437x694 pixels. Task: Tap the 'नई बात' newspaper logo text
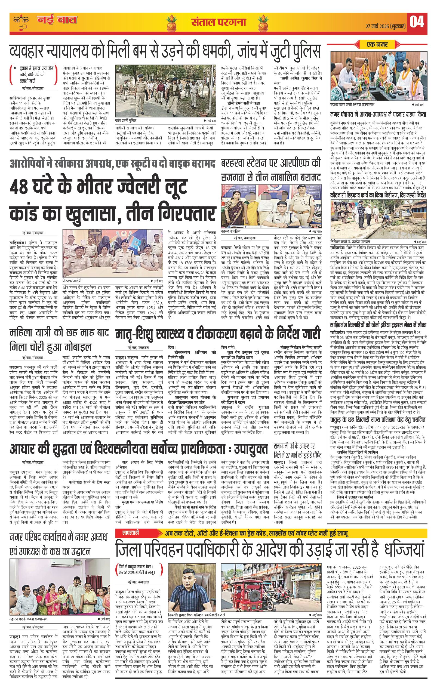click(x=58, y=21)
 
